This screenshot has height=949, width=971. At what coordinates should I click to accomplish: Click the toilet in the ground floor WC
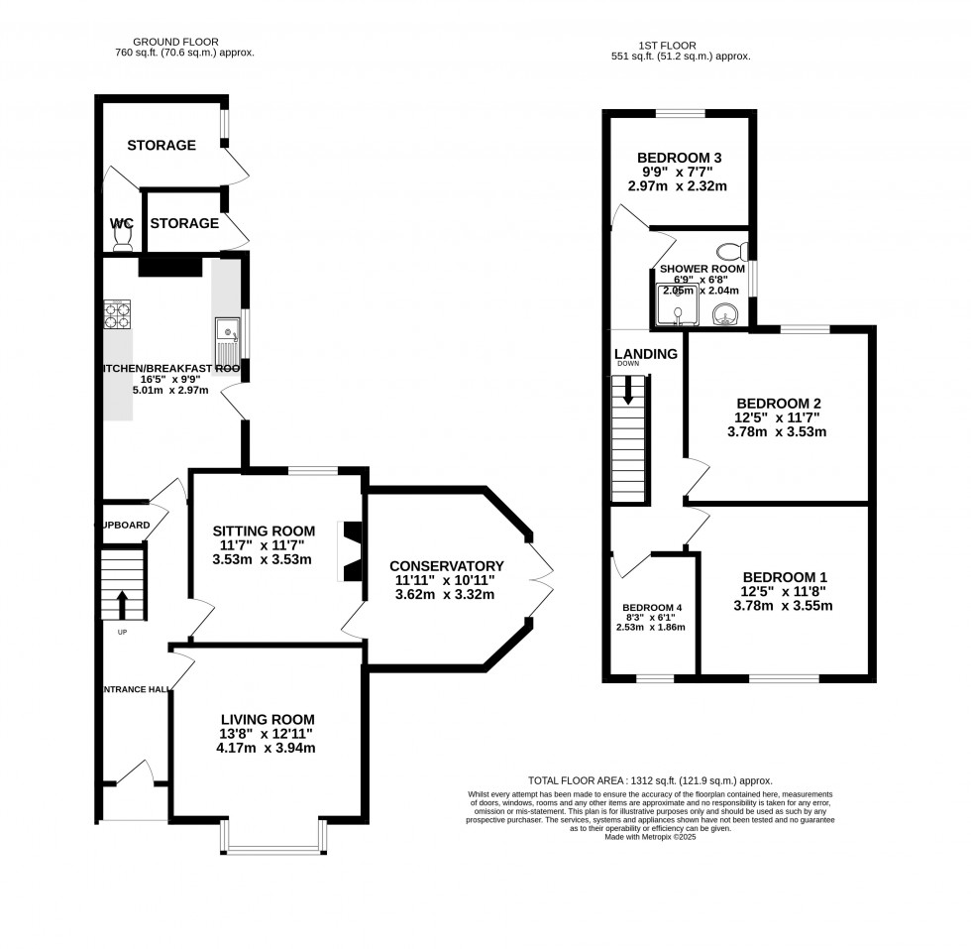[123, 235]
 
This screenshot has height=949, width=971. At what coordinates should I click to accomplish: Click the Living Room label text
[268, 719]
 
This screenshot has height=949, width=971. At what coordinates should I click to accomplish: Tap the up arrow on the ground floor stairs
[123, 603]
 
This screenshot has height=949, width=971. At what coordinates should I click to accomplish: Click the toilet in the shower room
[734, 250]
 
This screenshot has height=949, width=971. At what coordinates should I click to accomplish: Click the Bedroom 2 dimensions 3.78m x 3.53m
[777, 431]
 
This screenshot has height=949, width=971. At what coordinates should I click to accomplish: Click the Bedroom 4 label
[652, 608]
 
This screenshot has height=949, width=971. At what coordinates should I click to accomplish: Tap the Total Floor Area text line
[650, 781]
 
